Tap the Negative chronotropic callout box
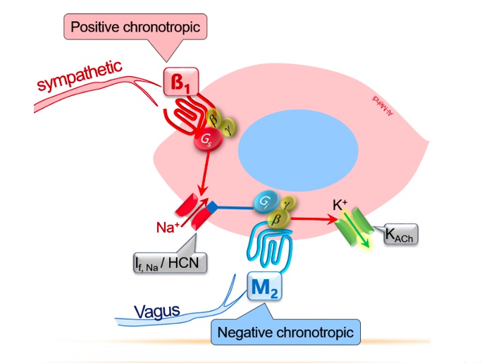[x=285, y=331]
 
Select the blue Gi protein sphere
[x=266, y=203]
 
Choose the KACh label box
[x=399, y=235]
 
